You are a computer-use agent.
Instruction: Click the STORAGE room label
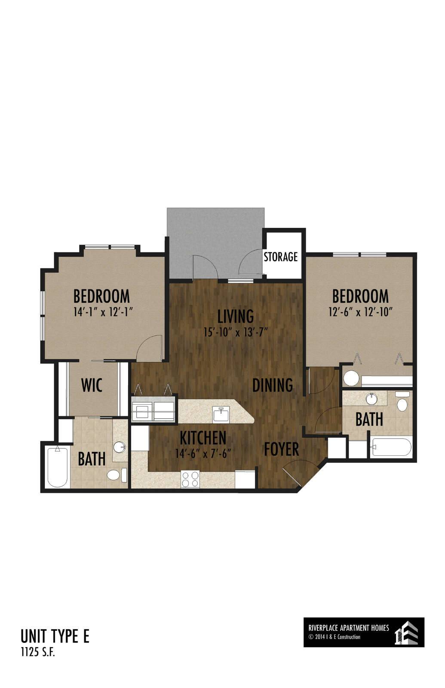point(280,256)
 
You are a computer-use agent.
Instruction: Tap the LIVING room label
point(236,316)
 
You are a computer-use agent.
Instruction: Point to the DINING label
point(273,385)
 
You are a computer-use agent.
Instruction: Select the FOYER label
point(281,449)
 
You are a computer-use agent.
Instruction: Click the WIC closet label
point(92,385)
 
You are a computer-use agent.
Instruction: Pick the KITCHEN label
point(203,438)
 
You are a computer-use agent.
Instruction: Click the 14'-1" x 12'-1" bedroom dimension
point(103,312)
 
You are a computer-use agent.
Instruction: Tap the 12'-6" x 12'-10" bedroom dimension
point(361,312)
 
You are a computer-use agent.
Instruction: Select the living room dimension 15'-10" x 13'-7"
point(236,332)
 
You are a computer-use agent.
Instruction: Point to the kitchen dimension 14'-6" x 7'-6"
point(203,453)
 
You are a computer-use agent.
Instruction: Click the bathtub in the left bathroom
point(58,467)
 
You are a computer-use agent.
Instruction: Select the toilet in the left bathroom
point(117,475)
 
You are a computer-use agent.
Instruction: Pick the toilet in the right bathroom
point(402,402)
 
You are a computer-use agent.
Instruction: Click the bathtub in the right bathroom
point(391,447)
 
